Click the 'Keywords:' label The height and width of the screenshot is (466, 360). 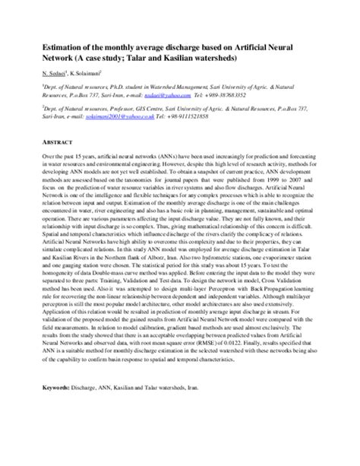pos(58,409)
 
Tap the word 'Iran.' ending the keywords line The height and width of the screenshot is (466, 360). pos(215,409)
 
